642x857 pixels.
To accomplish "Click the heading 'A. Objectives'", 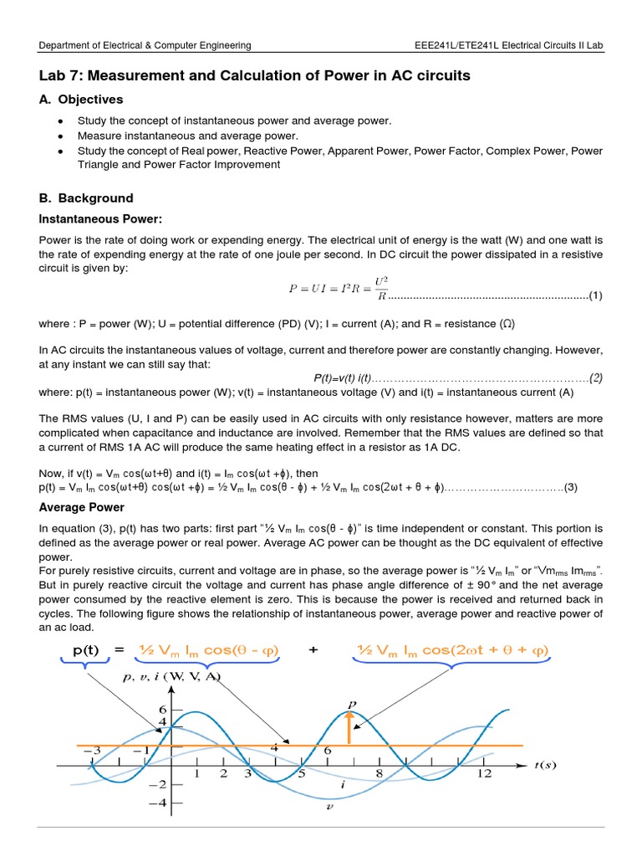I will click(81, 100).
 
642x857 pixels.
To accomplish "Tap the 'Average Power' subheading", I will click(82, 507).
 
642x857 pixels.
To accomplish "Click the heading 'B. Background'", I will click(86, 198).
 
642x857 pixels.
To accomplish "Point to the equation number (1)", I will click(595, 295).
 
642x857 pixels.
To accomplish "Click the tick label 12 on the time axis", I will click(484, 775).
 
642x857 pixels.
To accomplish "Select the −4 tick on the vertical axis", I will click(158, 803).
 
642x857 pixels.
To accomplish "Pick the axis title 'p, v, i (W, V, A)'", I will click(171, 677).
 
